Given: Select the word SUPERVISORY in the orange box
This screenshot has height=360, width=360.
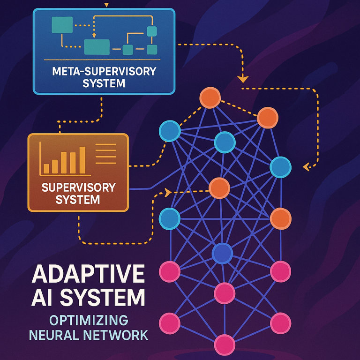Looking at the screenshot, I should point(78,188).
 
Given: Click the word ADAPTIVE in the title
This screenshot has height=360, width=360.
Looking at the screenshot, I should point(88,275).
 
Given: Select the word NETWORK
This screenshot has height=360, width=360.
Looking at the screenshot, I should point(118,335).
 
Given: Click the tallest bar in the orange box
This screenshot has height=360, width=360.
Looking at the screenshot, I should point(82,160).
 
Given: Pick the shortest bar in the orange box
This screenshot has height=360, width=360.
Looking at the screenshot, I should point(46,168).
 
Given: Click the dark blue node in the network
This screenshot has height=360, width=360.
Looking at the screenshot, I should point(222,254).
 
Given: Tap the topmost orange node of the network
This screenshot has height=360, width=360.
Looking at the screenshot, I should point(210,98).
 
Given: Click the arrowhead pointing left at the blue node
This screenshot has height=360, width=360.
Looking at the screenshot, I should point(306,166).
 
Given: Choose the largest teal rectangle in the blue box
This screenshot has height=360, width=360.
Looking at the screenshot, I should point(97,47).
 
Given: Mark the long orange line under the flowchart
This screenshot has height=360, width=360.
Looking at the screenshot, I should point(102,60).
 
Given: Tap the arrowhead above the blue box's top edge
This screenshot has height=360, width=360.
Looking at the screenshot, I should point(106,5).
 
